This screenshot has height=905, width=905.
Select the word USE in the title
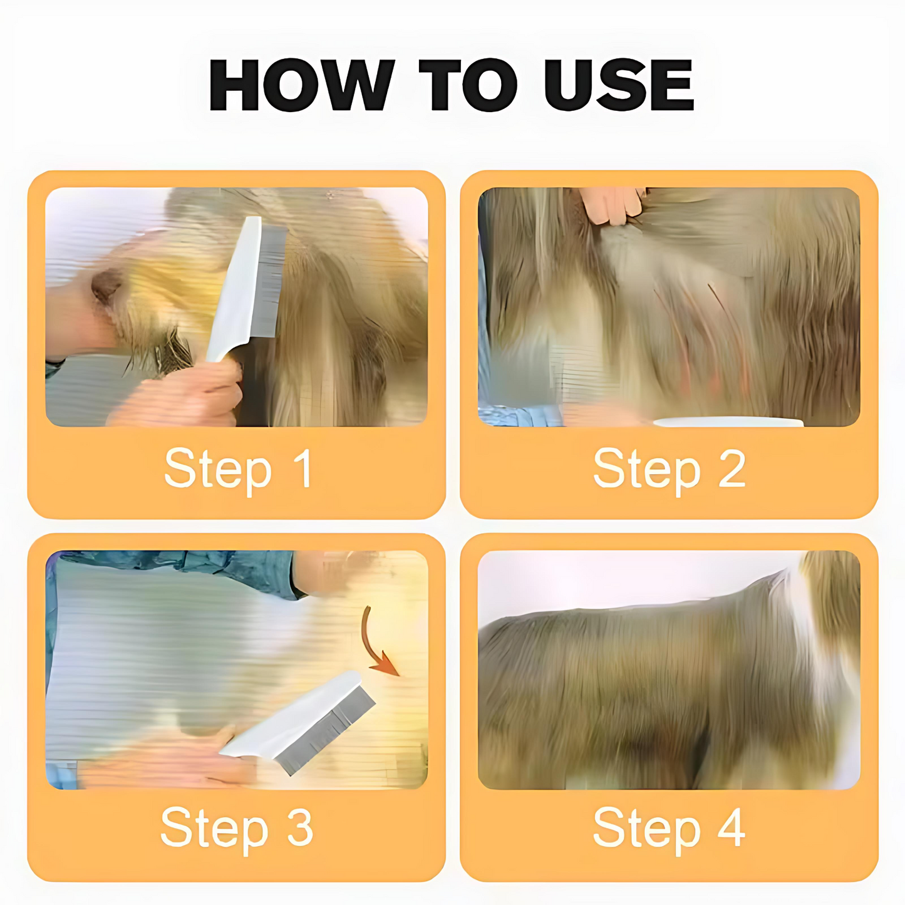click(619, 86)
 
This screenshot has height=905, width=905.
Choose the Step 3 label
click(237, 828)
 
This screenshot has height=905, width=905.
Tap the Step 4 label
click(669, 828)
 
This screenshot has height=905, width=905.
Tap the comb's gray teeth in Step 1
click(267, 282)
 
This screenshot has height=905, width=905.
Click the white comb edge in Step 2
click(727, 423)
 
